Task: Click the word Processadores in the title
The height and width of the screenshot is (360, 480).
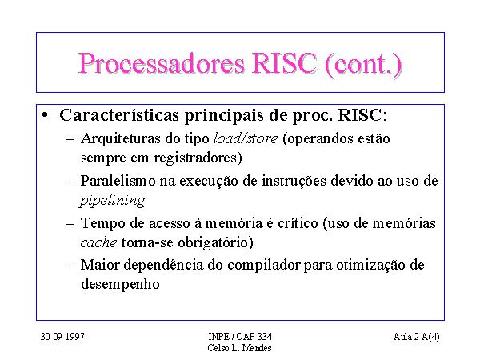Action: (x=162, y=64)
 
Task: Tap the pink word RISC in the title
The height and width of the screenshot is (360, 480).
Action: (x=284, y=63)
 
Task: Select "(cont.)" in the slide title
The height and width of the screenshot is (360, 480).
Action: (x=363, y=64)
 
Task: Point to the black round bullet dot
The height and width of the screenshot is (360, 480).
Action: (x=45, y=114)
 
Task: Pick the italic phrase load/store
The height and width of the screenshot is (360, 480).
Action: (x=246, y=138)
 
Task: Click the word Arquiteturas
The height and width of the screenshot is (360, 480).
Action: (x=121, y=138)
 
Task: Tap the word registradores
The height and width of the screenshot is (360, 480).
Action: (x=196, y=158)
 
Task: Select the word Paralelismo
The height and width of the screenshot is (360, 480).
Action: (x=118, y=181)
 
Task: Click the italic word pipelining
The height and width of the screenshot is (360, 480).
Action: (x=112, y=201)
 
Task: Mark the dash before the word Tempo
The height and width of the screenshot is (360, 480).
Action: (x=70, y=224)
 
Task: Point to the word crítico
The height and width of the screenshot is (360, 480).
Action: (x=298, y=223)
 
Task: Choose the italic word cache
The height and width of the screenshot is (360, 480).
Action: (x=98, y=242)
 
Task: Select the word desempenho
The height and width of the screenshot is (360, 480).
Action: (x=120, y=284)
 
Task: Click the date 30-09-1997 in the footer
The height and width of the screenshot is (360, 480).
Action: (x=62, y=337)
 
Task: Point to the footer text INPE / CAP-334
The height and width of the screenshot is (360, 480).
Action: (x=240, y=337)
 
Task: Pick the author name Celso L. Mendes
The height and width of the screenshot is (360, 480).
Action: (x=239, y=348)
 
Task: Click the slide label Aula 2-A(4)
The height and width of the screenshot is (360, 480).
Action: (x=417, y=337)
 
